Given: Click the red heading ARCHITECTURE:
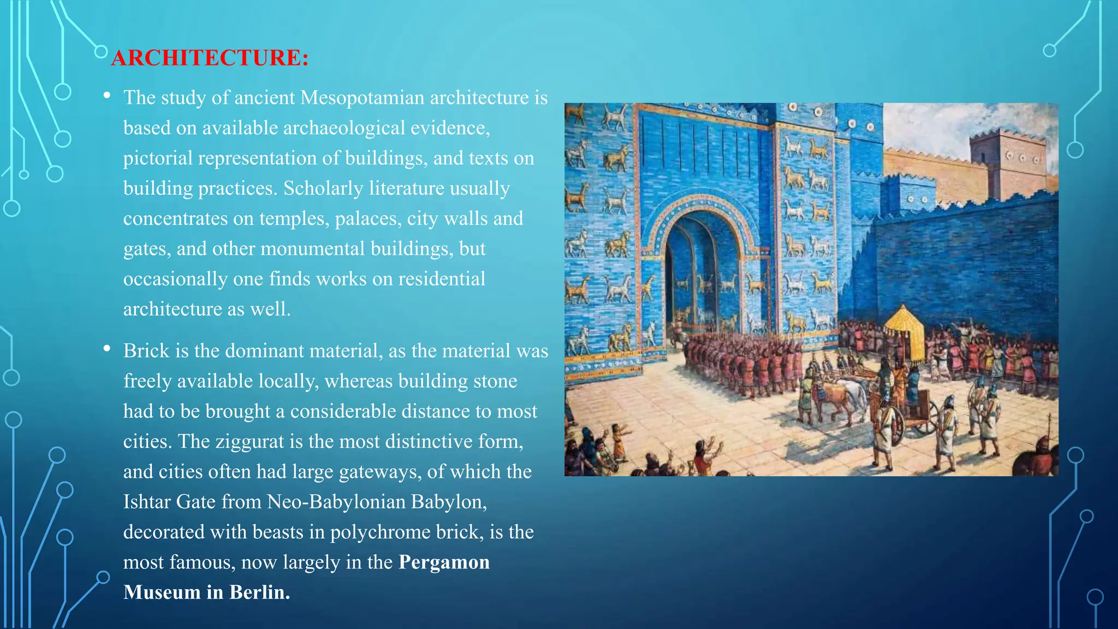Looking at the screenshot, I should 210,58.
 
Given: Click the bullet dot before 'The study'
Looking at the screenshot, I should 107,96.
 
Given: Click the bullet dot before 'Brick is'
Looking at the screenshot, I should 107,348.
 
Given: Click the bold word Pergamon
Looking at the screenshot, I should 444,562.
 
